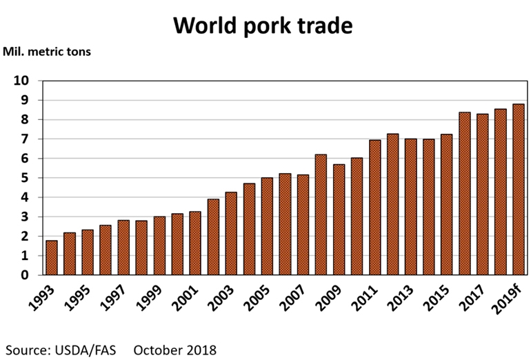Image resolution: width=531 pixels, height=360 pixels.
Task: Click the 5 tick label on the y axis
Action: [x=25, y=178]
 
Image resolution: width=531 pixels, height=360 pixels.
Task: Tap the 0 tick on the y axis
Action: [x=25, y=275]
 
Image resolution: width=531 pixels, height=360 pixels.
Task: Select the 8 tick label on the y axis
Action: [x=25, y=120]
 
